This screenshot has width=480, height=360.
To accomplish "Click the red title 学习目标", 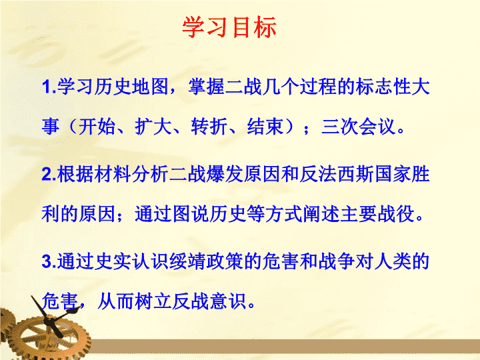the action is click(x=229, y=27).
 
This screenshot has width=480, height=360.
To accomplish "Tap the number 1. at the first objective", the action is click(x=49, y=87).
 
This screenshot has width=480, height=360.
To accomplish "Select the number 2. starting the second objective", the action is click(x=49, y=174).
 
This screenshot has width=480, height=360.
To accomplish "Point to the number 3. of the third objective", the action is click(x=49, y=261).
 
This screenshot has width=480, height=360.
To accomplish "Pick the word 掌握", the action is click(x=206, y=86).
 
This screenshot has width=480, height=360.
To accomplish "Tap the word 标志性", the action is click(x=383, y=86).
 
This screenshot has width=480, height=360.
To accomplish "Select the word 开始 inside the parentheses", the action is click(x=97, y=127).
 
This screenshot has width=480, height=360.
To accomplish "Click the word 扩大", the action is click(x=153, y=127).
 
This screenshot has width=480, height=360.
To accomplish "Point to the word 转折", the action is click(x=209, y=127).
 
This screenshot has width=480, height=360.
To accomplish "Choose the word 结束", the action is click(x=265, y=127).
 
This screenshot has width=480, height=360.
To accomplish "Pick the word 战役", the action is click(x=396, y=214).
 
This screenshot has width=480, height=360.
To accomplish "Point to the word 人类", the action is click(x=393, y=261).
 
